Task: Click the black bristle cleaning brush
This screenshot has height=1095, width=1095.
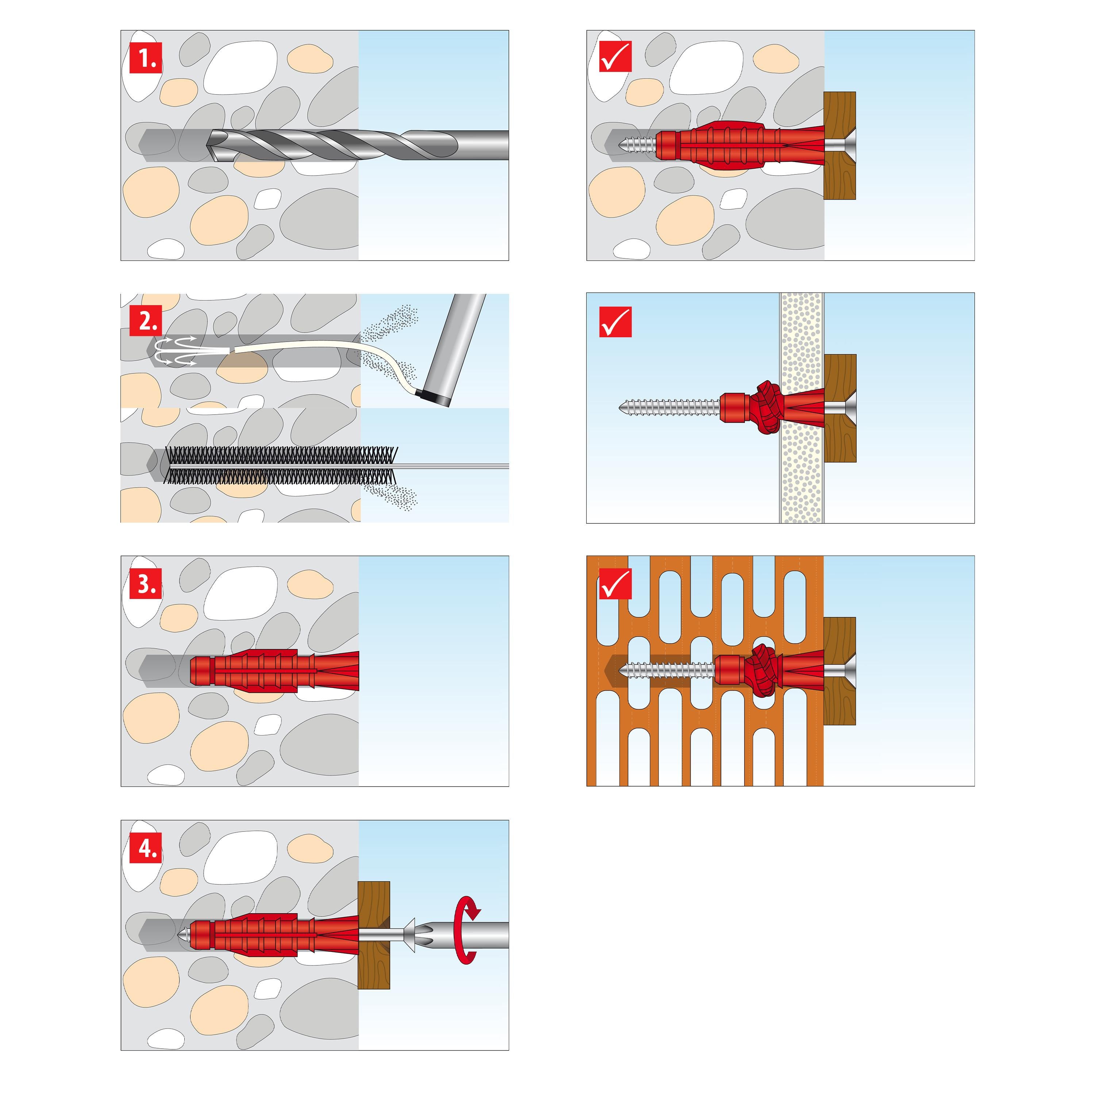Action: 278,466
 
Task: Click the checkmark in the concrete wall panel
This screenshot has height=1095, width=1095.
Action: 615,58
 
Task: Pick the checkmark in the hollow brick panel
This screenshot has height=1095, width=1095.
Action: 615,584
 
